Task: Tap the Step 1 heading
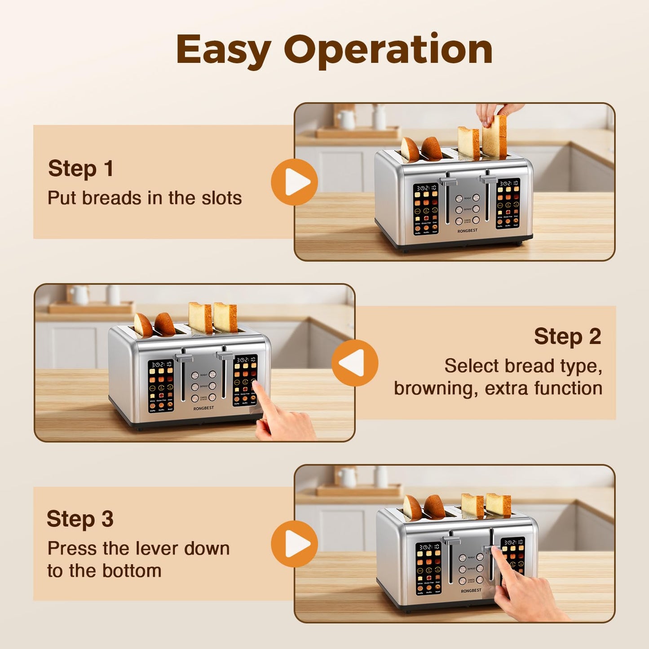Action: click(80, 168)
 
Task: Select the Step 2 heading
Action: click(567, 336)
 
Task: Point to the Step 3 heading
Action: click(80, 519)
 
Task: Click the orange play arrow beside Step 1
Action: click(295, 182)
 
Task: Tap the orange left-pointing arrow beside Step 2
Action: click(354, 363)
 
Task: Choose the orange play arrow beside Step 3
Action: click(295, 543)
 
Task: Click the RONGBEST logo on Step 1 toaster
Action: click(467, 231)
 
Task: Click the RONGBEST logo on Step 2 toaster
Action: click(203, 408)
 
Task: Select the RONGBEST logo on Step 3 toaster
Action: click(471, 591)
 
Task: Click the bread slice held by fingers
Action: click(495, 137)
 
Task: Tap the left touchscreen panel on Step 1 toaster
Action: click(426, 209)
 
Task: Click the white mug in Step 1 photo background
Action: click(346, 119)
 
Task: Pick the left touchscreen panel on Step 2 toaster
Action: click(161, 386)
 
